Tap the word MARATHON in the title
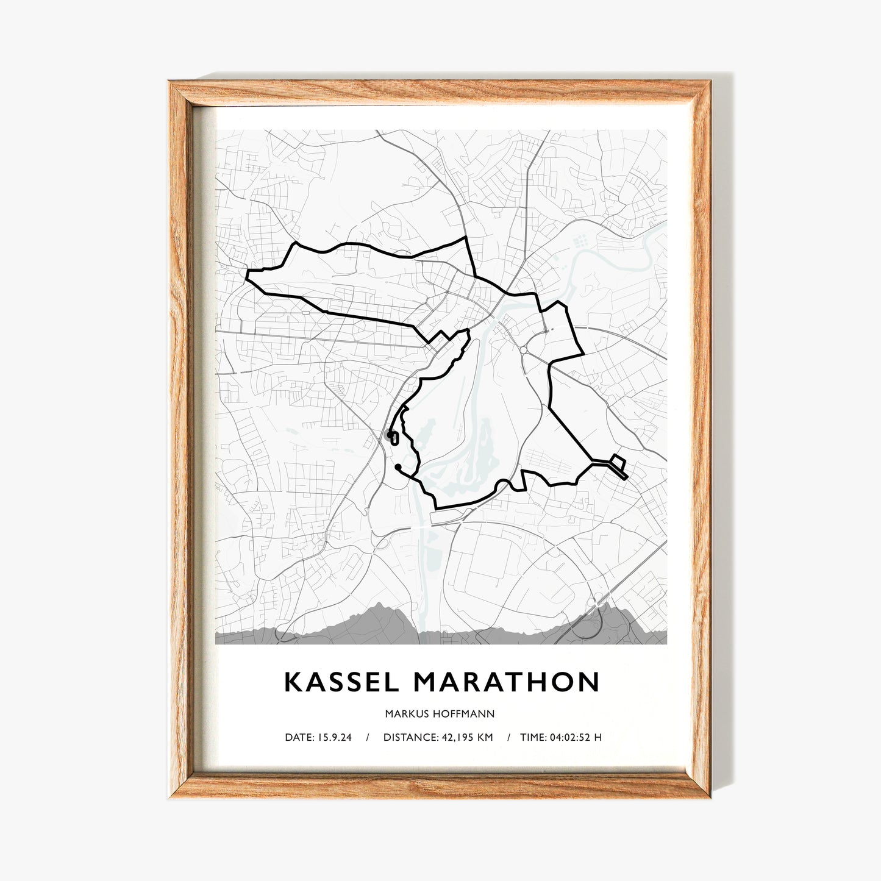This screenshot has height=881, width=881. click(507, 682)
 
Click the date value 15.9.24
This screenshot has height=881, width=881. click(334, 737)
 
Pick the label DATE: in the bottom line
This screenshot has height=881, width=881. click(299, 737)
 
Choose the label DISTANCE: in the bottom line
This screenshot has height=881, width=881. click(410, 737)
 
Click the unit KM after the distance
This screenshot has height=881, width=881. click(485, 737)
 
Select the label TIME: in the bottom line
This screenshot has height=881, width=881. click(533, 737)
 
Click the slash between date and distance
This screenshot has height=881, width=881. click(368, 737)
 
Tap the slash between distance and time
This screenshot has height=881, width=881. click(508, 737)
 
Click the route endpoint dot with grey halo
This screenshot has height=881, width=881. click(388, 435)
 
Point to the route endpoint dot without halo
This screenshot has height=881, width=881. click(398, 467)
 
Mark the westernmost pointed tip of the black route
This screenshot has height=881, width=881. click(247, 276)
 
